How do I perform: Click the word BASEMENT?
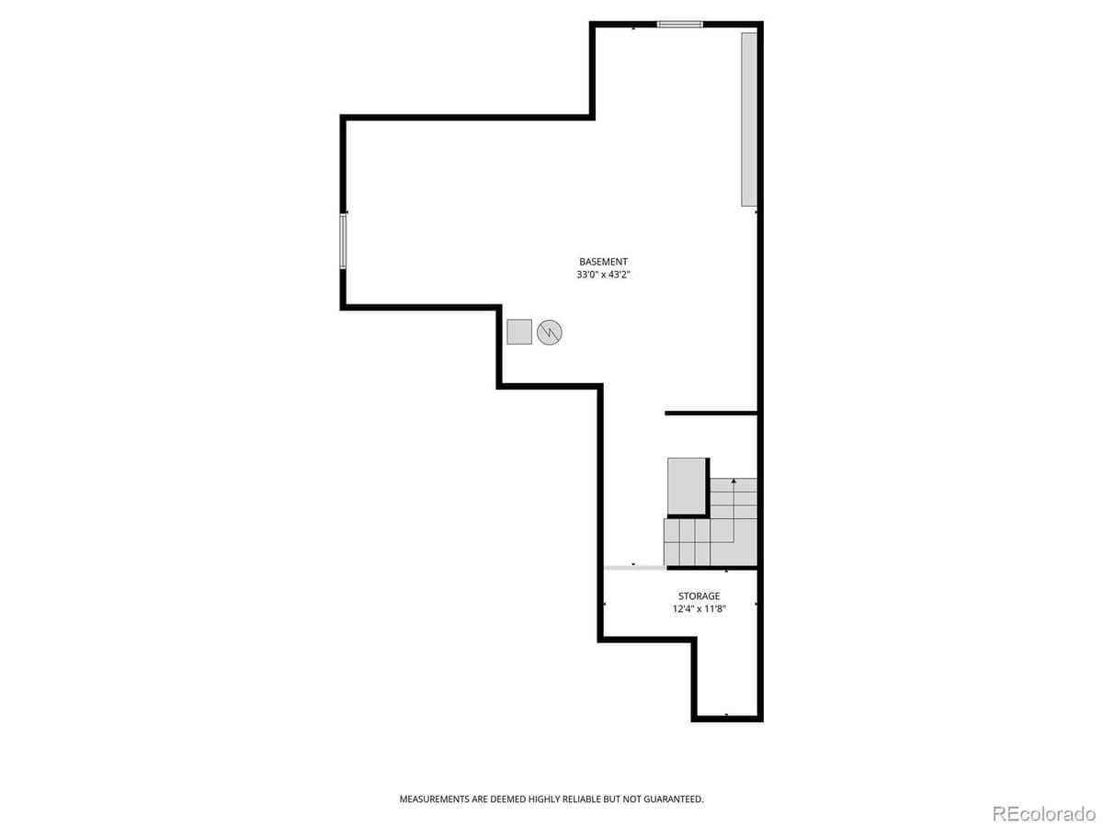(603, 262)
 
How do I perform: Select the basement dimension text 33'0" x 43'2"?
(603, 275)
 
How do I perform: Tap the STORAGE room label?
(699, 596)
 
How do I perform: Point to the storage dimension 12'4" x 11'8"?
(699, 608)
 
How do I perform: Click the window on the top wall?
(680, 25)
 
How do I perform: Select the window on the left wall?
(344, 241)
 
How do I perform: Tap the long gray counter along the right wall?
(749, 119)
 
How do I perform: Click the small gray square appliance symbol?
(519, 331)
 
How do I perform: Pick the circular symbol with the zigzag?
(549, 332)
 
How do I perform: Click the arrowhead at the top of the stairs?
(733, 481)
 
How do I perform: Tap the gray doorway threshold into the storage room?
(634, 568)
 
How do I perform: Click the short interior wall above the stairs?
(710, 413)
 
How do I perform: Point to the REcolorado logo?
(1042, 812)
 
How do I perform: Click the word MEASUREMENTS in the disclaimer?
(435, 799)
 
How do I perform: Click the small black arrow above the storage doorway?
(633, 563)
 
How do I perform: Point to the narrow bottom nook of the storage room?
(726, 680)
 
